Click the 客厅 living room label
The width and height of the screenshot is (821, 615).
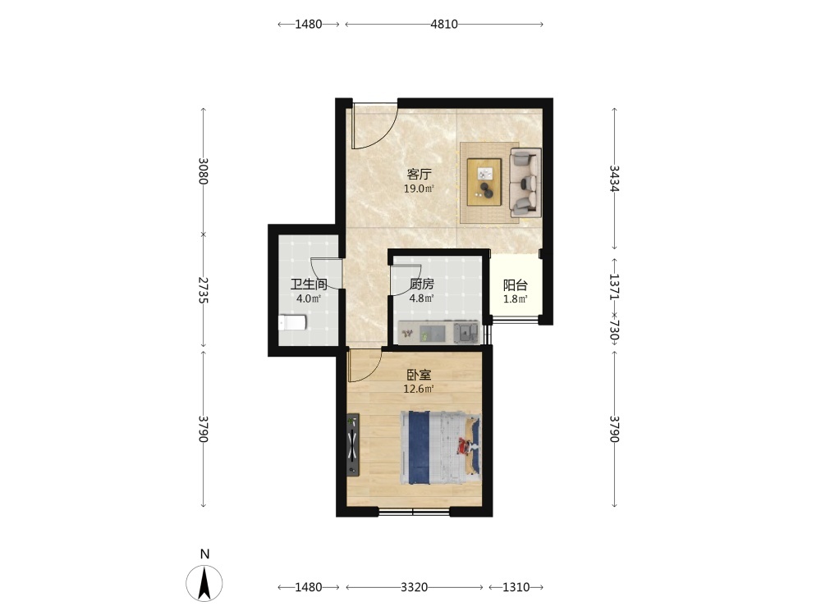[420, 174]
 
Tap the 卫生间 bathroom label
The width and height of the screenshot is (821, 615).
[309, 285]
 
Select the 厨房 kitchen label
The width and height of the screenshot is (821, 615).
[421, 285]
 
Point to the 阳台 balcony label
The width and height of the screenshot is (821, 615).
[516, 285]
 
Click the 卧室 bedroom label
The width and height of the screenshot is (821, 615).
[419, 375]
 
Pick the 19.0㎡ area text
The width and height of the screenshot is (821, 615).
[419, 189]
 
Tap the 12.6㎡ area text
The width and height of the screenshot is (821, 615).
[419, 389]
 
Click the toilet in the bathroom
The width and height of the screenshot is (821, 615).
[291, 322]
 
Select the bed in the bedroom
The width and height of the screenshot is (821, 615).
[441, 448]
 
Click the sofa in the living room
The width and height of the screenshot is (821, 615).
[525, 183]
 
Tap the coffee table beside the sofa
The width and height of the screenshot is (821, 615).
[484, 182]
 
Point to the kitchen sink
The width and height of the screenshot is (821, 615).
[466, 333]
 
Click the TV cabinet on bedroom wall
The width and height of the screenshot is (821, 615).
[353, 445]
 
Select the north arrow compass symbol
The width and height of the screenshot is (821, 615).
[204, 582]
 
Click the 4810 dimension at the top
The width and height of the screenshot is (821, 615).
[444, 24]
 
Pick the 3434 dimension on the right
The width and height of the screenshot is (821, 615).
[615, 179]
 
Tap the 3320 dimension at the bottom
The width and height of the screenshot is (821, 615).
[414, 587]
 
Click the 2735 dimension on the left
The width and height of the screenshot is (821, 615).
[204, 290]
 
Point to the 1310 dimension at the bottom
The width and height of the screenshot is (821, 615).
[516, 587]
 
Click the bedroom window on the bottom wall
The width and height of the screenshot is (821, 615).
[414, 511]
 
